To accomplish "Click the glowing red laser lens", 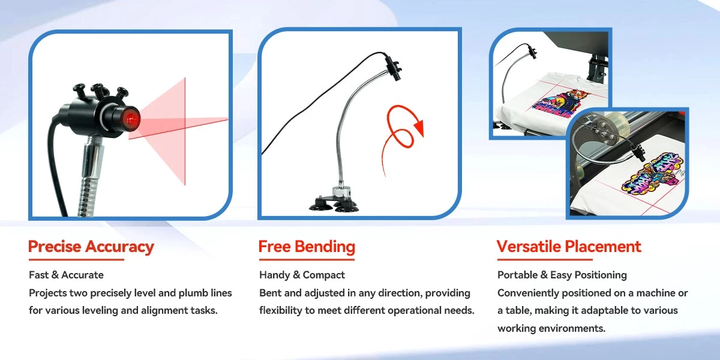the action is click(131, 119).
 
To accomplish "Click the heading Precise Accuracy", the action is click(91, 247).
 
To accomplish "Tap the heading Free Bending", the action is click(307, 247).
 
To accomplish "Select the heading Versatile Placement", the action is click(569, 247).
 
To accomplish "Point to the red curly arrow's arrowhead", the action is click(419, 128).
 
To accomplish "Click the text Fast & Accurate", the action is click(66, 275).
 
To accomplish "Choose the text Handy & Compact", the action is click(302, 275).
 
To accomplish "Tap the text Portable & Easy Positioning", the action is click(562, 275).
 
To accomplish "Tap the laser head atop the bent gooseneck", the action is click(392, 68).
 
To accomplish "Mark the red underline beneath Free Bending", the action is click(307, 259).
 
